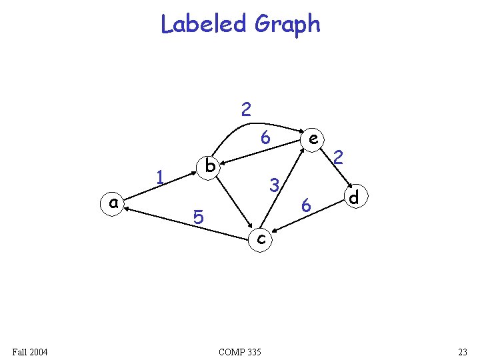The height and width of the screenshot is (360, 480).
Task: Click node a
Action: [114, 203]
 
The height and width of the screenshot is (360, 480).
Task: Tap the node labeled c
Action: [261, 237]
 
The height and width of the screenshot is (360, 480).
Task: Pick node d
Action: [354, 198]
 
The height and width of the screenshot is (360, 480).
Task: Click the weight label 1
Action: [160, 177]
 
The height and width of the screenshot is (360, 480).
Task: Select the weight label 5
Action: [197, 217]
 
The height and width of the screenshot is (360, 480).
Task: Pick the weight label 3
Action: [273, 184]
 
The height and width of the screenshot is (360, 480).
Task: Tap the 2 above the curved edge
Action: [246, 109]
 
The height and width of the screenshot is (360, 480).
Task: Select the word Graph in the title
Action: [287, 25]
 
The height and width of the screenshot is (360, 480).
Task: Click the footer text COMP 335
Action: [240, 351]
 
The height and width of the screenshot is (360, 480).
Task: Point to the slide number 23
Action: [463, 351]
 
